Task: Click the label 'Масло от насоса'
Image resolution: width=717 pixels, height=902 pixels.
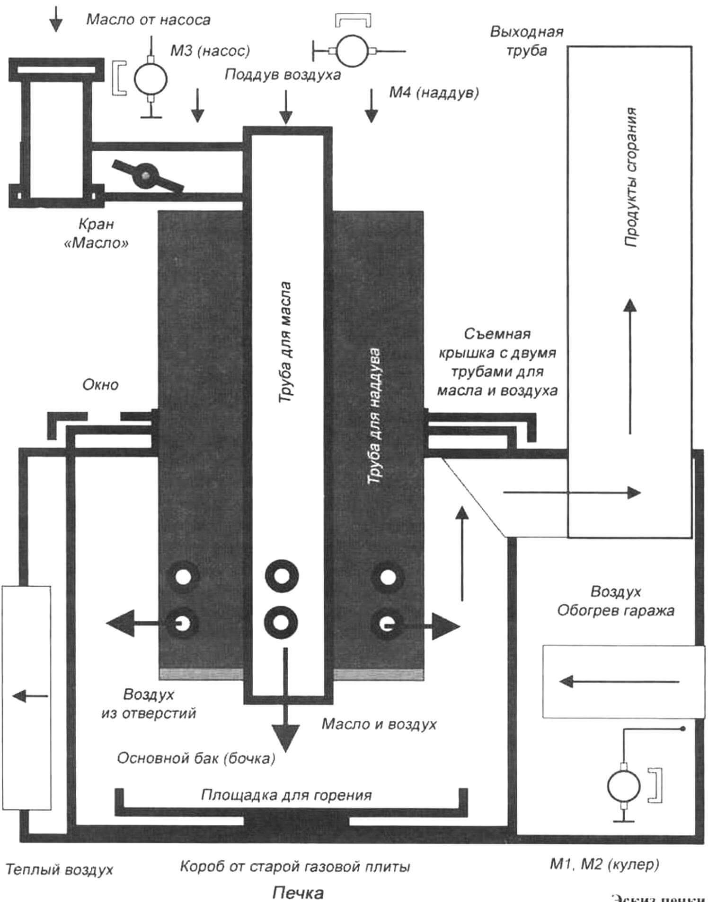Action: pos(148,20)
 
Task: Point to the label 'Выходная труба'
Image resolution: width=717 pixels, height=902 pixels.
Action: pos(527,41)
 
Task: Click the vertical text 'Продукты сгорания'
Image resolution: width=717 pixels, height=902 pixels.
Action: pos(630,177)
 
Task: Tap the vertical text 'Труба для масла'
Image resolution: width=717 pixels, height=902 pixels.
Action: pos(285,343)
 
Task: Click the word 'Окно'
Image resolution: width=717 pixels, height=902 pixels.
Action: pos(100,385)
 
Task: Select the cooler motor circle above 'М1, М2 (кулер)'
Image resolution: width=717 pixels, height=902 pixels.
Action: pos(623,787)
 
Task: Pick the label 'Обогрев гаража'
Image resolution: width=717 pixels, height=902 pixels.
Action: pos(615,611)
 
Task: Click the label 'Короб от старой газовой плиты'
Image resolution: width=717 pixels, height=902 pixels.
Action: pos(295,867)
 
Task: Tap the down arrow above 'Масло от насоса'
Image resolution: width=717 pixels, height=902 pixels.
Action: pos(56,19)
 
